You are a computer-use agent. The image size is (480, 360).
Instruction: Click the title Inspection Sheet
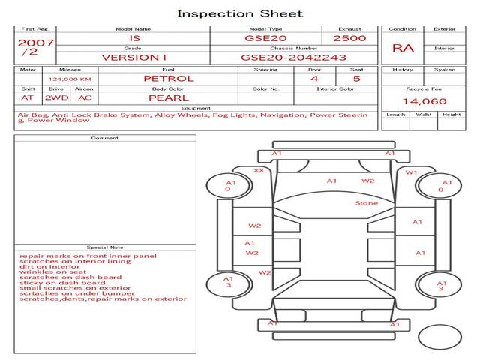pos(240,13)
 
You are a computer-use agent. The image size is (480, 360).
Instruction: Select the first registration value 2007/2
pos(34,47)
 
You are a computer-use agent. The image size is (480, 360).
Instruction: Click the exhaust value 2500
pos(349,37)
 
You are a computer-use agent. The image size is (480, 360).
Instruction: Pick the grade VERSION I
pos(133,57)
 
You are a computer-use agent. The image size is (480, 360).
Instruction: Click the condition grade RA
pos(403,47)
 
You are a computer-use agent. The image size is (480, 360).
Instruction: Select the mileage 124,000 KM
pos(70,79)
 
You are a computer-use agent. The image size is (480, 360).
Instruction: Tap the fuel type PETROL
pos(168,78)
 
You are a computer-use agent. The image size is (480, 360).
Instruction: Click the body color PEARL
pos(168,97)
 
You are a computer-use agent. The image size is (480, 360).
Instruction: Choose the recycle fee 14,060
pos(424,101)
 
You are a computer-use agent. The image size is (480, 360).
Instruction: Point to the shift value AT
pos(27,97)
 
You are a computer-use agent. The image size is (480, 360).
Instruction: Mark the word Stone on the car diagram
pos(367,203)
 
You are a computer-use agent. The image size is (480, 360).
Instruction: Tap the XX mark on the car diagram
pos(259,171)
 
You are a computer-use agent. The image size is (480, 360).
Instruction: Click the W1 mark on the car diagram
pos(411,173)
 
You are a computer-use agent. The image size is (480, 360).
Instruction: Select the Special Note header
pos(105,247)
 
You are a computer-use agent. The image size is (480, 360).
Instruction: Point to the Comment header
pos(105,138)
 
